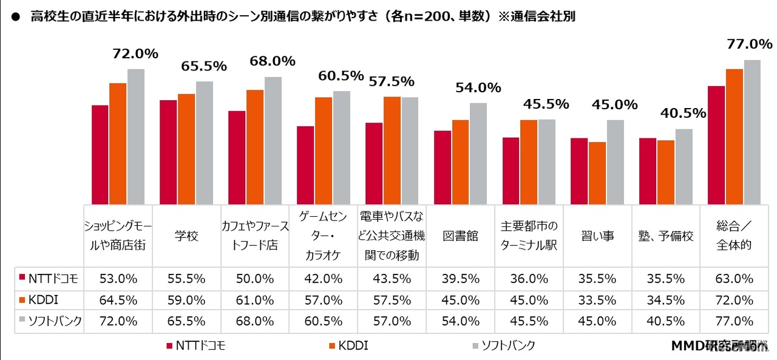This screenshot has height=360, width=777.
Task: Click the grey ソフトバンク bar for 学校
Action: [205, 143]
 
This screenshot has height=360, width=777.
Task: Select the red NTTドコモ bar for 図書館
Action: [443, 168]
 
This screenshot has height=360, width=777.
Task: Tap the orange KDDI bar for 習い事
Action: [597, 173]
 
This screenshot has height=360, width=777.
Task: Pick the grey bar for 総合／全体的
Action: [752, 132]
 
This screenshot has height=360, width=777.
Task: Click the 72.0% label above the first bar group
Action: [135, 54]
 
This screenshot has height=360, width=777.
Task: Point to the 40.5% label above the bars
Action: [684, 113]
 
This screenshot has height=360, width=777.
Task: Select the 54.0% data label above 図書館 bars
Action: [478, 87]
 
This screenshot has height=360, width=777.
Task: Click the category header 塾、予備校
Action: [665, 236]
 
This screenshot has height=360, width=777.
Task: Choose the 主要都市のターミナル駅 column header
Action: [529, 236]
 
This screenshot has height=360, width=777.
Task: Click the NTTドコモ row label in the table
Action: [48, 279]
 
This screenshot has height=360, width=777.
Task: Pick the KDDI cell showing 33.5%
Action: [597, 301]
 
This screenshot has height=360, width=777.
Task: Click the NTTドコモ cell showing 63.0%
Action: [735, 279]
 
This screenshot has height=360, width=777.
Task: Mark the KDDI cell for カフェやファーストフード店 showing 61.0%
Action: [255, 301]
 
